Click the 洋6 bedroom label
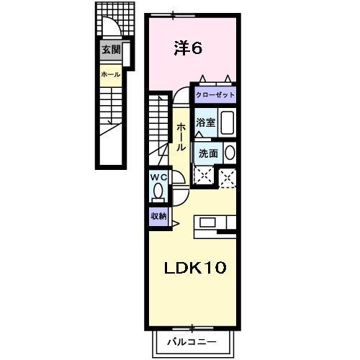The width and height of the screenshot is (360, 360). click(x=188, y=48)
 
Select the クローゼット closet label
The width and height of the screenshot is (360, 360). click(x=214, y=94)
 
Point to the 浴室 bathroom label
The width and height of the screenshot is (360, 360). click(x=206, y=122)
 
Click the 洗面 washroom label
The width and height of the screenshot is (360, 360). click(x=208, y=152)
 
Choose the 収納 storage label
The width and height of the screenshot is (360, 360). click(x=158, y=215)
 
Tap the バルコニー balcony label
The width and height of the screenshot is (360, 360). click(x=192, y=341)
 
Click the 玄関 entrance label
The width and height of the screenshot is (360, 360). click(x=111, y=50)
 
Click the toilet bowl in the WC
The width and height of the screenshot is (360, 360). click(x=158, y=192)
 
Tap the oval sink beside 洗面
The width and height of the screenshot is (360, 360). click(x=229, y=153)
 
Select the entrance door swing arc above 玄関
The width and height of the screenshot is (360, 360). click(x=110, y=29)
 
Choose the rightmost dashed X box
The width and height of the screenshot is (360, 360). click(x=228, y=176)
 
